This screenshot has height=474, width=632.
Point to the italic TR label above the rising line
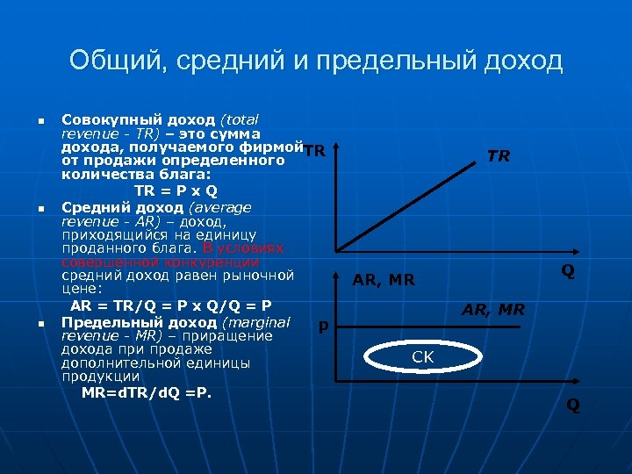click(499, 156)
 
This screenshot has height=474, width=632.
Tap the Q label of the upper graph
click(568, 271)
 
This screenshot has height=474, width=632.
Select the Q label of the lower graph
click(572, 405)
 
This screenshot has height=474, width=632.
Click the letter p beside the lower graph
click(323, 326)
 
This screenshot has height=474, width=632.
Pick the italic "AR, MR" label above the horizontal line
click(493, 309)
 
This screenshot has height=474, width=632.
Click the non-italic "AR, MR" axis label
click(383, 281)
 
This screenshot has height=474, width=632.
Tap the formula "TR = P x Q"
click(176, 190)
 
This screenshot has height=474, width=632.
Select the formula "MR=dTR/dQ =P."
click(147, 392)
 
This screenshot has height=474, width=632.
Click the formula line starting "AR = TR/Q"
click(170, 305)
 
